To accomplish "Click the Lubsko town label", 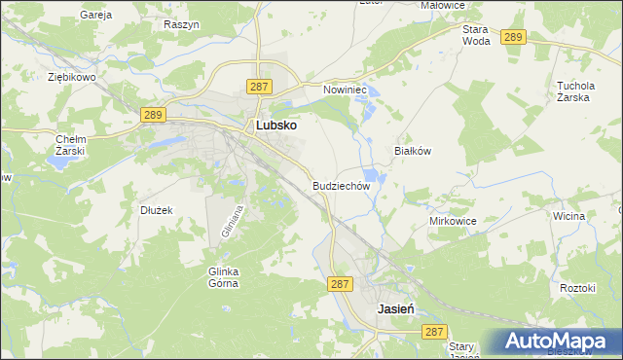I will point(275,126).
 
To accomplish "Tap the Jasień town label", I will point(396,307).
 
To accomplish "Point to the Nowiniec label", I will point(343,90).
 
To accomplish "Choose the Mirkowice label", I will point(452,221).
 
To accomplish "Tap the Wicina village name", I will point(568,215).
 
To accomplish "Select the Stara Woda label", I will point(476,35).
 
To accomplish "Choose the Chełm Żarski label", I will point(71,145).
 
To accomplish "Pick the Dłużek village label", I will point(156,209).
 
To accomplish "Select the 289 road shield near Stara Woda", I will point(515,37).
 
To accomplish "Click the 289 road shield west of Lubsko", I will point(152,115).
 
